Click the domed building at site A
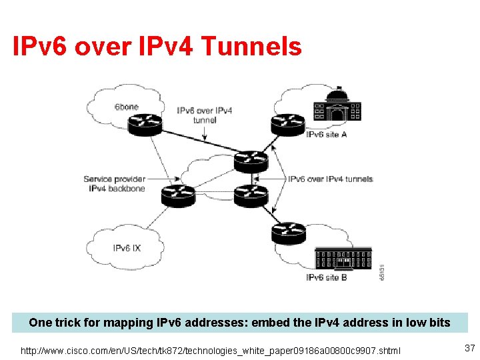[x=337, y=106]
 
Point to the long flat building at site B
[x=342, y=258]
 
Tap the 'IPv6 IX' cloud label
[x=127, y=249]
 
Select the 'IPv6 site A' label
[x=327, y=135]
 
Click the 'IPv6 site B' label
[x=327, y=277]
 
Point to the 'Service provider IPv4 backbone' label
[x=115, y=183]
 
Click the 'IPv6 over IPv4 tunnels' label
[x=330, y=179]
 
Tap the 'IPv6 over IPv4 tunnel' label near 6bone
[x=205, y=115]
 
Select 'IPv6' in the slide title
[x=41, y=47]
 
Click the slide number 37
[x=469, y=347]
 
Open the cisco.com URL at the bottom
[x=211, y=349]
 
